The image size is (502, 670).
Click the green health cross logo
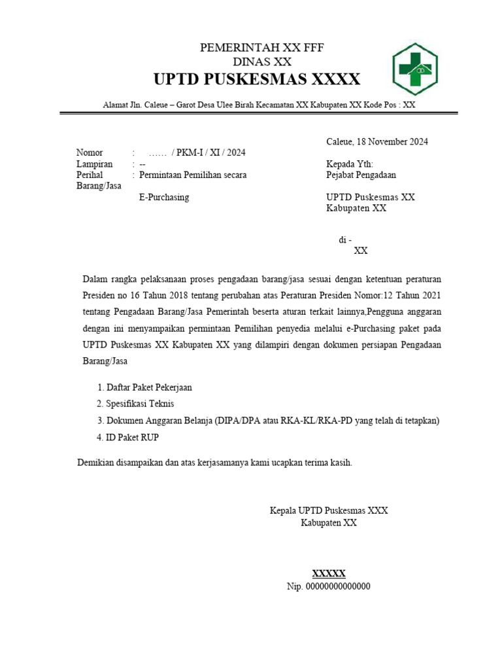[414, 69]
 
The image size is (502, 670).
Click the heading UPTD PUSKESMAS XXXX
[256, 80]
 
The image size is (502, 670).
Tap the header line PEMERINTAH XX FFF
[261, 48]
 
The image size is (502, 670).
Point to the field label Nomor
[90, 153]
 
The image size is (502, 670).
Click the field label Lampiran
[94, 164]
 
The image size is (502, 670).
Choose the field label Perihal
[91, 175]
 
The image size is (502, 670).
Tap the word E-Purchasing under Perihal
[164, 197]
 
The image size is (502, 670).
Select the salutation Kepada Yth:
[350, 164]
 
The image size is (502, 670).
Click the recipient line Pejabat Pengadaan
[361, 175]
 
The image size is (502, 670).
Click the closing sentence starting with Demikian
[215, 463]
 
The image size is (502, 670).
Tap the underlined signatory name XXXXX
[329, 574]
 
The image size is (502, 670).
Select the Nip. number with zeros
[329, 586]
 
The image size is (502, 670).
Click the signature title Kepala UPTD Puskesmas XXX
[329, 510]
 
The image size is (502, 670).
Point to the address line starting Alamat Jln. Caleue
[259, 105]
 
